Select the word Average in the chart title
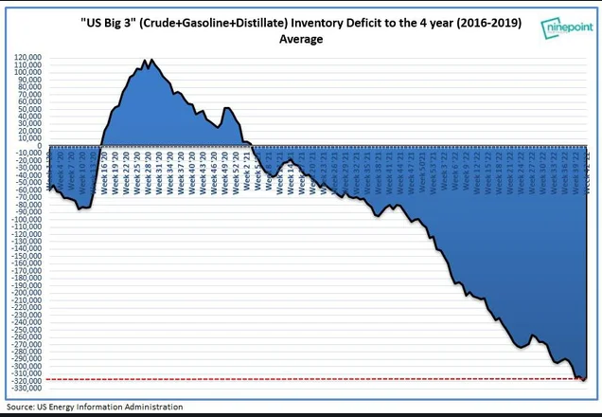click(301, 40)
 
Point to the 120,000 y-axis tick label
click(27, 59)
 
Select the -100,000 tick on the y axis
click(26, 219)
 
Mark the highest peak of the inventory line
click(148, 60)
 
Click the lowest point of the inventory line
click(583, 380)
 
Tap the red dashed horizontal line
click(284, 379)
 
